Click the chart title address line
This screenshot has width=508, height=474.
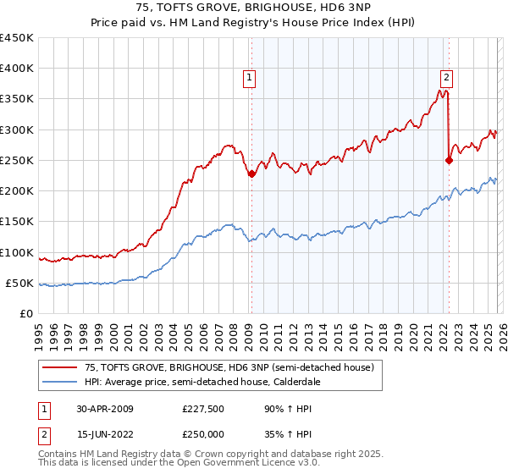click(253, 8)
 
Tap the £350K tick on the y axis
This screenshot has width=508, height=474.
click(16, 99)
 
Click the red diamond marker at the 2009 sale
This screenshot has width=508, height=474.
click(251, 174)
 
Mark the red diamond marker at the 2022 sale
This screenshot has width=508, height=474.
click(449, 160)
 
